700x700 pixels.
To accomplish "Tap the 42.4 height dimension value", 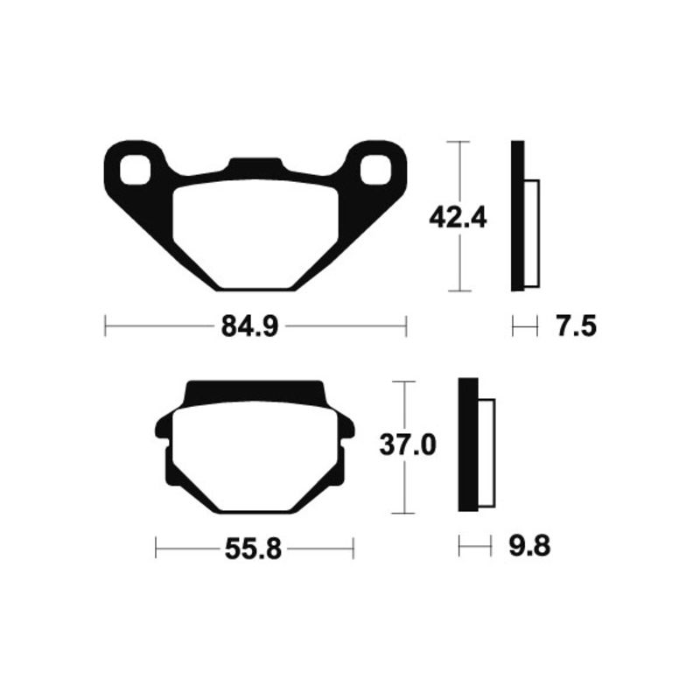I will tap(458, 216).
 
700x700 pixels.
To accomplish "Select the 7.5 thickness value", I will tap(575, 328).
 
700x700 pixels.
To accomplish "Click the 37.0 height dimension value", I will tap(407, 446).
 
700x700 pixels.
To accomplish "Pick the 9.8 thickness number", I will tap(528, 549).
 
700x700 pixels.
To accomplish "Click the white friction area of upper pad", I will tap(254, 232).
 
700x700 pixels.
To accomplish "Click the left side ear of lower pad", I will tap(162, 429).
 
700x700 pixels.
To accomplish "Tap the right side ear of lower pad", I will tap(347, 429).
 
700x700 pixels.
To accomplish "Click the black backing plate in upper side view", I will tap(517, 216).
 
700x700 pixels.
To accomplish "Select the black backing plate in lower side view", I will tap(468, 444).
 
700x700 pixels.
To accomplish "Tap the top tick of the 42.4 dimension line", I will tap(458, 141).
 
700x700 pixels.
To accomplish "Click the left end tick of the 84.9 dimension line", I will tap(105, 328).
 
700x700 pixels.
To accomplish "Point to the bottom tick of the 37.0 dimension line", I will tap(402, 513).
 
